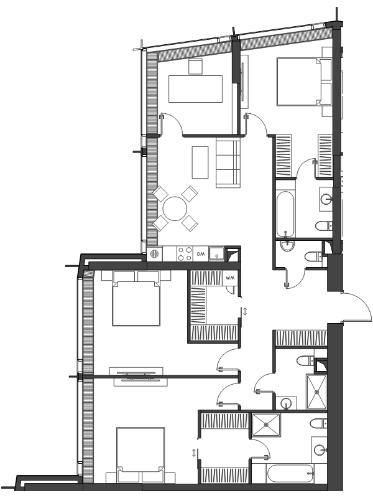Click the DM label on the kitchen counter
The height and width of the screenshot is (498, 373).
point(200,254)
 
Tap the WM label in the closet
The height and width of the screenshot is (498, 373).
point(230,278)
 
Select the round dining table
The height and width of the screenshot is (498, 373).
point(175,209)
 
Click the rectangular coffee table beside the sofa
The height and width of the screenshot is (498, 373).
point(200,162)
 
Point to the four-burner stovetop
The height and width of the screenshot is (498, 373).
point(185,254)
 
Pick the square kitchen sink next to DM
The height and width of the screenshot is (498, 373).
point(216,254)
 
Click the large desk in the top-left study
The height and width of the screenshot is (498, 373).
point(195,88)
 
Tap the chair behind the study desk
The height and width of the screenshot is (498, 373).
point(195,67)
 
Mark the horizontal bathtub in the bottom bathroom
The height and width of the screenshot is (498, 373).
point(290,474)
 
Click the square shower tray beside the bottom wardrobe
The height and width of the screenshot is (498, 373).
point(266,425)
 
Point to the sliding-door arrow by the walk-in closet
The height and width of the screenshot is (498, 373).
point(245,311)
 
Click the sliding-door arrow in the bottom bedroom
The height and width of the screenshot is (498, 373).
point(194,453)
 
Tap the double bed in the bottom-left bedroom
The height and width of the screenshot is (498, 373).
point(140,455)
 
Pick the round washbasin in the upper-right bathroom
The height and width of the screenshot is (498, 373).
point(326,199)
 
